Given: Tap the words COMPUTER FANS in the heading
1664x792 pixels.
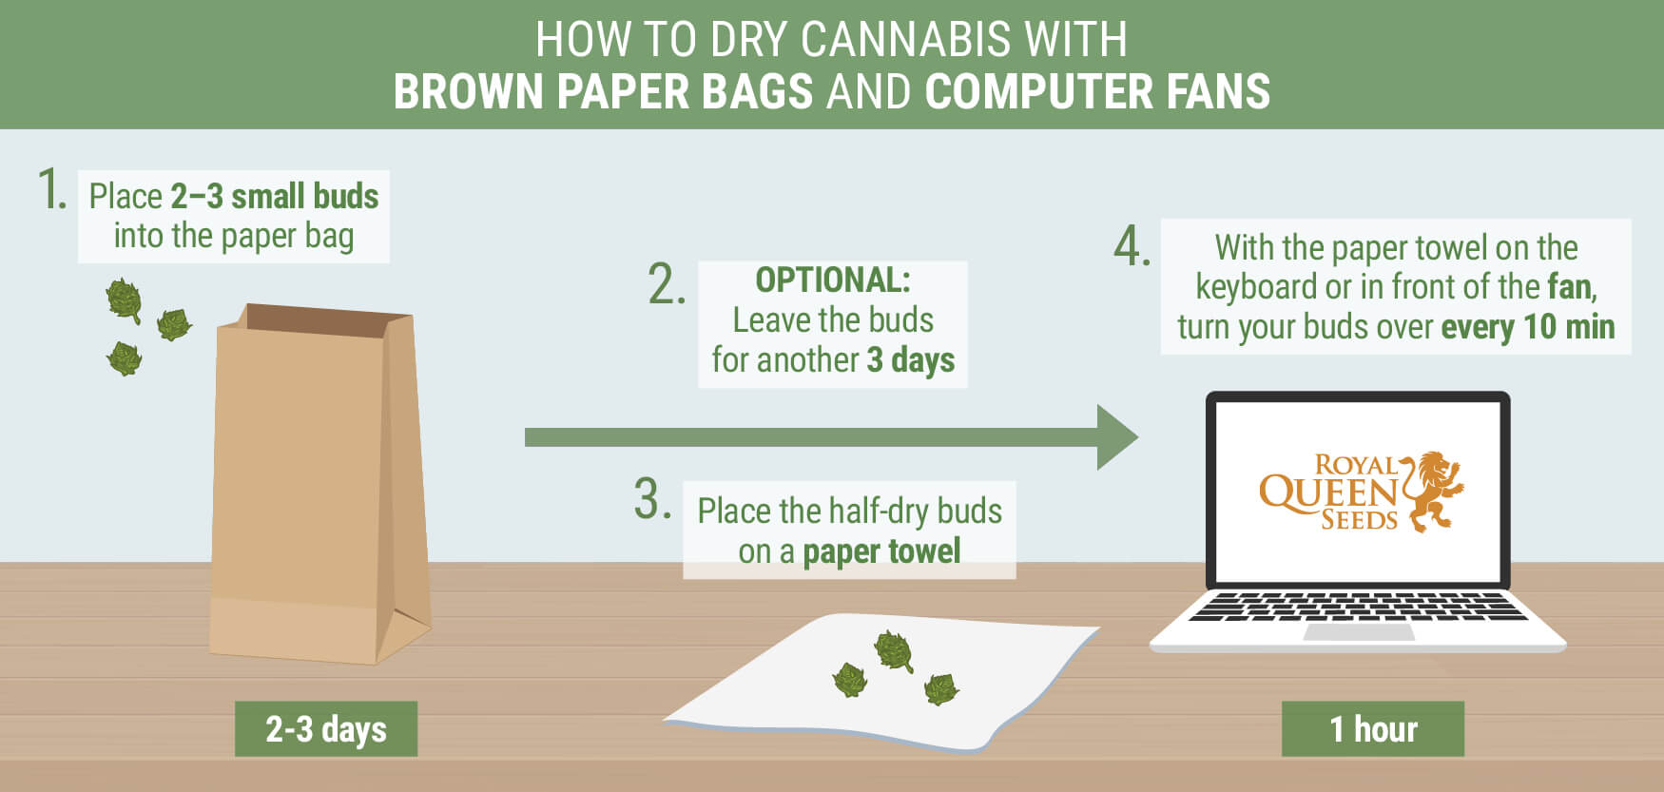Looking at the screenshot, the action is click(x=1097, y=91).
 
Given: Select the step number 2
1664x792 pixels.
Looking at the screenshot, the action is click(x=667, y=284).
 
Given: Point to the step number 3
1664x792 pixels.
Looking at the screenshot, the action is click(x=653, y=499).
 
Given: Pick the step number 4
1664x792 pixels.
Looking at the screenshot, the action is click(x=1132, y=246).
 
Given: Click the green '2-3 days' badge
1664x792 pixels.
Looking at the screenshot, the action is click(x=326, y=729).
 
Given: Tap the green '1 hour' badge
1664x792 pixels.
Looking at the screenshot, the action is click(x=1373, y=729).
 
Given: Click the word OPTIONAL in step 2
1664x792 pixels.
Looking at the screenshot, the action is click(x=833, y=280).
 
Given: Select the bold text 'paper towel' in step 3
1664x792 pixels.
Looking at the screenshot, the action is click(x=881, y=551).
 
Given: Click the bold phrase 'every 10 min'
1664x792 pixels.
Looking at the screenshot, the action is click(x=1528, y=327).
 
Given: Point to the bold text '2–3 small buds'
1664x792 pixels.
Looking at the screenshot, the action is click(x=275, y=196).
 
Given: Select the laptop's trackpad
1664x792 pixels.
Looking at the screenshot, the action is click(x=1358, y=632).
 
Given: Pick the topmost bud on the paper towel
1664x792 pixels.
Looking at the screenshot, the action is click(x=894, y=650).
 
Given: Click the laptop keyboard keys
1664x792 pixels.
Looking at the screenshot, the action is click(x=1357, y=607).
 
